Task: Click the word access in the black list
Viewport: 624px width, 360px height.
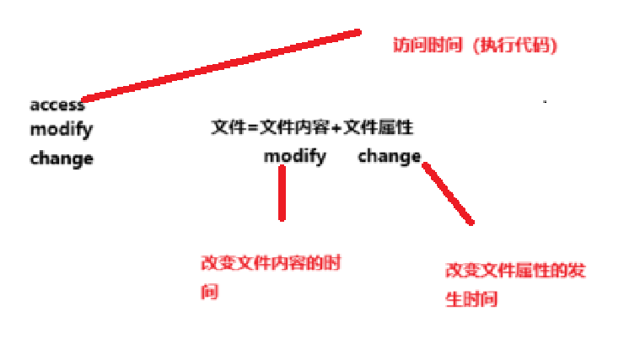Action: [57, 105]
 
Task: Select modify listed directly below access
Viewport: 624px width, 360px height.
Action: [62, 131]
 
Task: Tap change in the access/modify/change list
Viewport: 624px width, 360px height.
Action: [62, 158]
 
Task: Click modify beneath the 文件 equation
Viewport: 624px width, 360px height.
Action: [295, 156]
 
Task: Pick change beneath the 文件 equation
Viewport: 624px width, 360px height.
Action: [389, 156]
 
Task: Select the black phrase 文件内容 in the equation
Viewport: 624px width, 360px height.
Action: [287, 128]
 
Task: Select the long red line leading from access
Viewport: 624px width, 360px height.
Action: [221, 66]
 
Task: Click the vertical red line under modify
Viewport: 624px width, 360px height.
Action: [282, 193]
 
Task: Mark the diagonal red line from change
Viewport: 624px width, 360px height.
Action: [448, 194]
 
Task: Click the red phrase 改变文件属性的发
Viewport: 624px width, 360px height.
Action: [515, 271]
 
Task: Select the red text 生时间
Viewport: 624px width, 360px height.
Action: [471, 299]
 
